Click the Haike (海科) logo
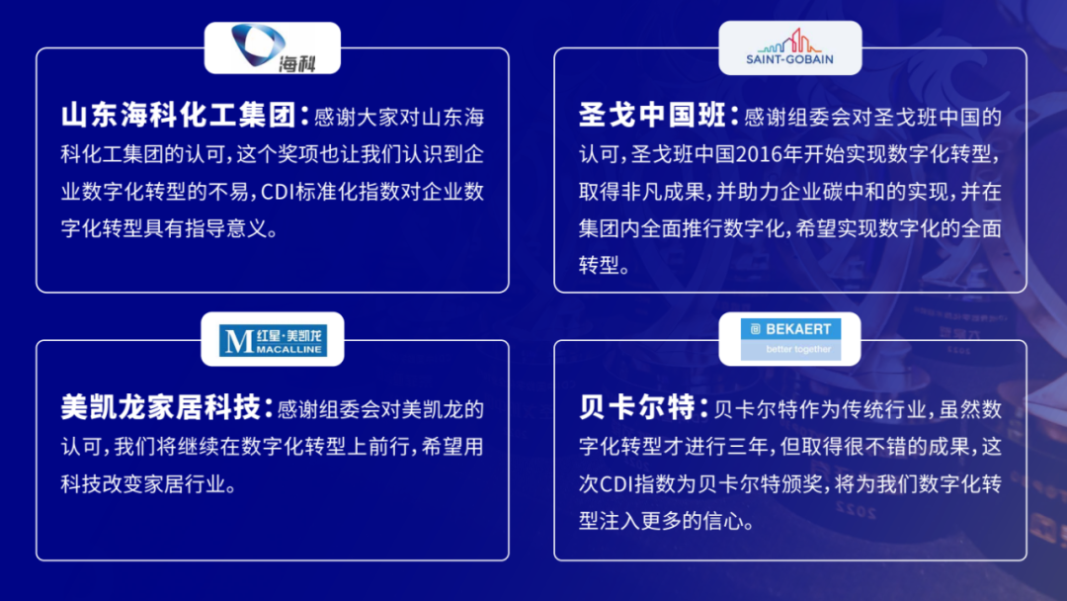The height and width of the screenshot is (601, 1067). point(272,47)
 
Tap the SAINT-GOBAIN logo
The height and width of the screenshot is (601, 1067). point(789,47)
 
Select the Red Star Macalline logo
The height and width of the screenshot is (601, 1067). point(272,338)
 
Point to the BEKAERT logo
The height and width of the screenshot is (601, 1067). point(789,338)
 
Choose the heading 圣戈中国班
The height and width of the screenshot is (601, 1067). point(653,116)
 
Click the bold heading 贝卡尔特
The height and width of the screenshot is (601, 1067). point(638,406)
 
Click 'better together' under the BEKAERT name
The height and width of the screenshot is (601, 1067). point(798,349)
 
